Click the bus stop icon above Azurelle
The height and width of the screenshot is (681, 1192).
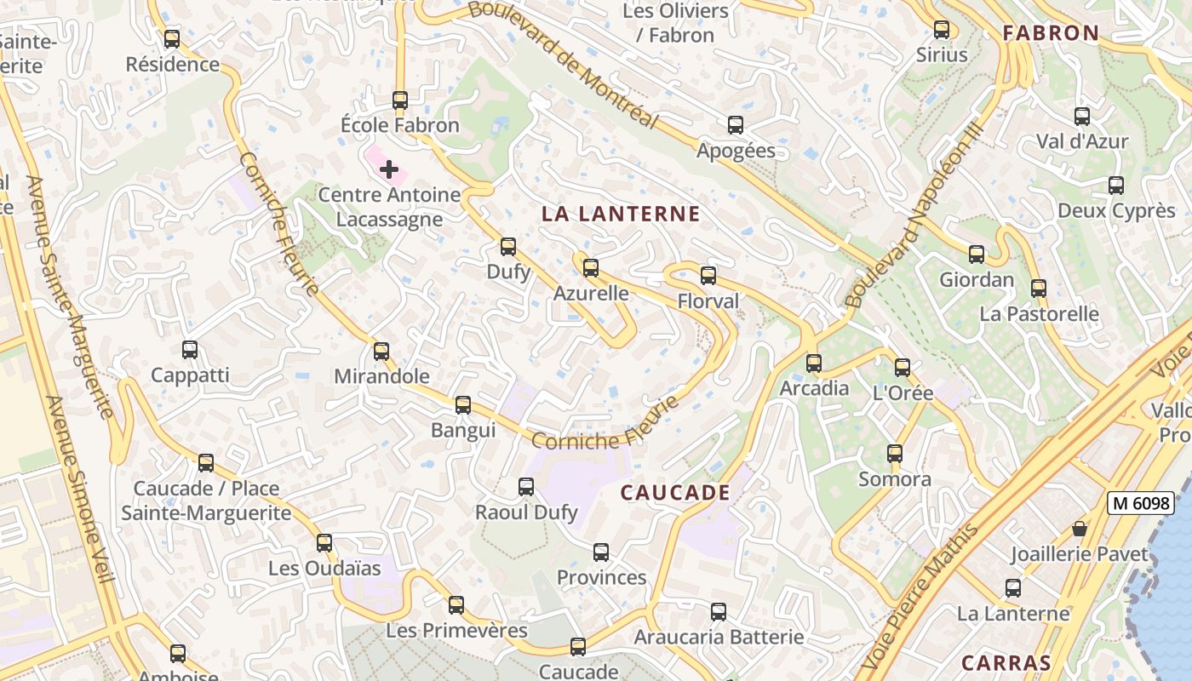pos(590,268)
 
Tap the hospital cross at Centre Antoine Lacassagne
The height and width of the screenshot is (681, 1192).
pos(389,169)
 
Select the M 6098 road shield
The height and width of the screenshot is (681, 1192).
pos(1140,503)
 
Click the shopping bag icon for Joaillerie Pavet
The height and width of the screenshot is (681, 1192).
pos(1080,529)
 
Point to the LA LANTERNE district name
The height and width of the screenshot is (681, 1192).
pos(621,215)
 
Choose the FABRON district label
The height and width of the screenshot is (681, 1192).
pos(1051,33)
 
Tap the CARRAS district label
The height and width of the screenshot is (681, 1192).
pos(1006,663)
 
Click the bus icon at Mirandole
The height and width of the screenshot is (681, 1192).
pos(381,351)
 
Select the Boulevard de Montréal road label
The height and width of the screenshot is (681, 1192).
pos(564,63)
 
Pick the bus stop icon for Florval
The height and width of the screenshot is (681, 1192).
pos(708,276)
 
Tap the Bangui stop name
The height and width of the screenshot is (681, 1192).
pos(463,430)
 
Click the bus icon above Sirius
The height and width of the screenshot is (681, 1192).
pos(942,30)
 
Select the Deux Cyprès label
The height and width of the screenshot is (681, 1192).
pos(1115,211)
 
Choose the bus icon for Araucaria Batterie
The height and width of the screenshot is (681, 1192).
pos(719,612)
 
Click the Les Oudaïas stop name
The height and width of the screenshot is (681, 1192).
pos(324,568)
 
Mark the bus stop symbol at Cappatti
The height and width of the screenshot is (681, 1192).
pos(190,350)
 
